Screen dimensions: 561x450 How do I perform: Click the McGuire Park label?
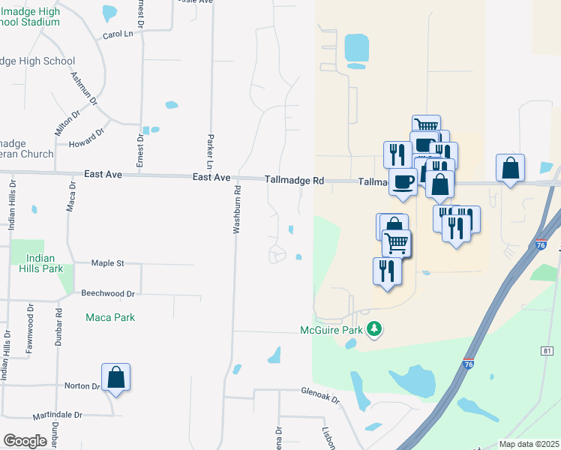pyautogui.click(x=331, y=329)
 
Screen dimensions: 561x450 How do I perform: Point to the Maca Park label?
pyautogui.click(x=110, y=317)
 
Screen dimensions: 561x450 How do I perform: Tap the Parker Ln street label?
pyautogui.click(x=210, y=151)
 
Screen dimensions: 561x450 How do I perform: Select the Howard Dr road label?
pyautogui.click(x=87, y=139)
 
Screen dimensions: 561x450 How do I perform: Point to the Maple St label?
pyautogui.click(x=107, y=263)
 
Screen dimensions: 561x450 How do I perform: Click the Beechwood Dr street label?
pyautogui.click(x=108, y=294)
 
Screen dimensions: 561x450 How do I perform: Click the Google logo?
pyautogui.click(x=25, y=441)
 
